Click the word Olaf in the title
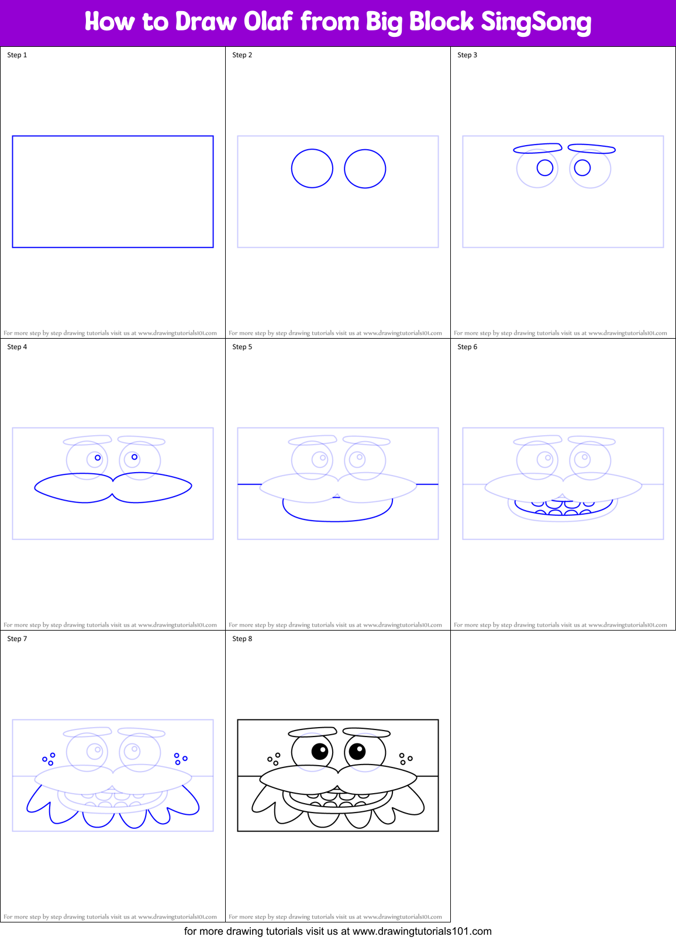[x=268, y=22]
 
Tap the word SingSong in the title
[x=536, y=23]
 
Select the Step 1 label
[x=17, y=55]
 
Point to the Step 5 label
[x=242, y=347]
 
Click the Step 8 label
[x=242, y=639]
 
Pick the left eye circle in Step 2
[x=312, y=168]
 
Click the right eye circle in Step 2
[x=365, y=169]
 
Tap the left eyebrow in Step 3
[x=537, y=148]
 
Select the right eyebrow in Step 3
[x=591, y=149]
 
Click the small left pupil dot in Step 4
[x=98, y=458]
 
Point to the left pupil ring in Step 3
[x=545, y=168]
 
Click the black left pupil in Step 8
[x=320, y=751]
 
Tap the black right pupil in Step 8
[x=357, y=750]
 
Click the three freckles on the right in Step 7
[x=180, y=759]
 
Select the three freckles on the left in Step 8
[x=274, y=759]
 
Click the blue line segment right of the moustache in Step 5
[x=427, y=484]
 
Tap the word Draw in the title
[x=205, y=22]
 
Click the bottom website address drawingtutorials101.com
[x=422, y=931]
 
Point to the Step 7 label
[x=17, y=639]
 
